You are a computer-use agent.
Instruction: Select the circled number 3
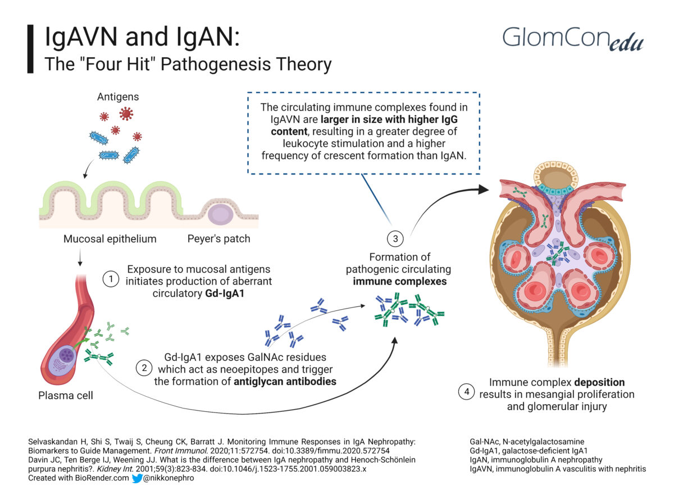coord(396,239)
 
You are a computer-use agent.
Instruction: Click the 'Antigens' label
coord(118,97)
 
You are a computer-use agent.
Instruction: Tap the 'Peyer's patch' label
coord(218,238)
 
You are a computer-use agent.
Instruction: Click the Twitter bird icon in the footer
coord(137,478)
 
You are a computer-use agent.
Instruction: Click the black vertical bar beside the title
coord(30,49)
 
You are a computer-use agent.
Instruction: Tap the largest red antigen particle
coord(126,114)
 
